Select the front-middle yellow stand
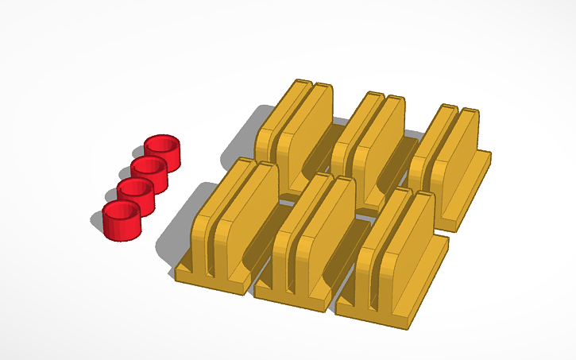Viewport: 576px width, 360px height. (x=314, y=238)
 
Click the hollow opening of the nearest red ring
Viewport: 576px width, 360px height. (x=121, y=211)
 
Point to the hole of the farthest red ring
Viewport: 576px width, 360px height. (x=163, y=145)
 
